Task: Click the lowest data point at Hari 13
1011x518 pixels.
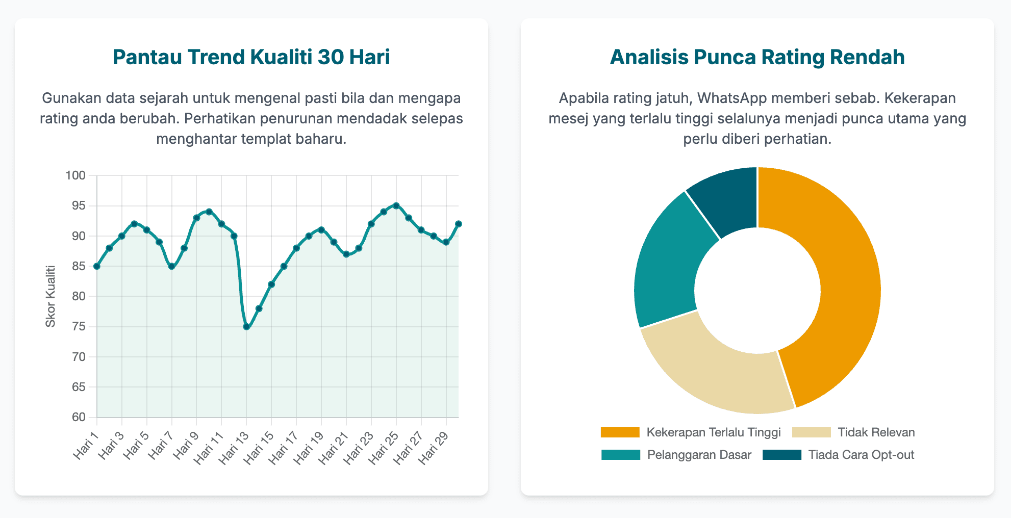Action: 246,327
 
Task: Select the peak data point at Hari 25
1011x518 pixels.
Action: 396,205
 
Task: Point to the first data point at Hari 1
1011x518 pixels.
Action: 97,266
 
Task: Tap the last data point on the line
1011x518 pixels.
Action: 459,224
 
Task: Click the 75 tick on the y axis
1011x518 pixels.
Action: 79,327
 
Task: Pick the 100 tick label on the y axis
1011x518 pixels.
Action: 75,176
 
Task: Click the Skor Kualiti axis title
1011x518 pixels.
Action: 50,296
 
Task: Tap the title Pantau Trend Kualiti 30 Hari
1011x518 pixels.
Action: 251,57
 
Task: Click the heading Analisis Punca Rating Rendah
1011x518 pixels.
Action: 757,57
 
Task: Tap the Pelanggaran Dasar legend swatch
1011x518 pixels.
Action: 621,455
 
